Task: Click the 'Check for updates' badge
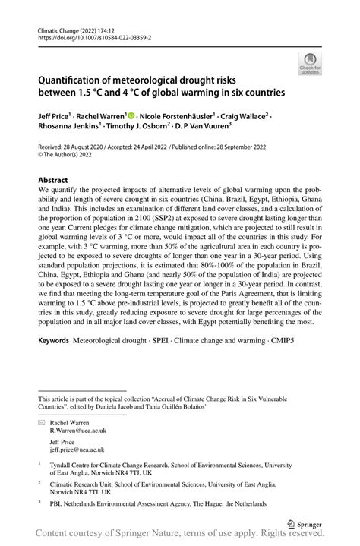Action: pyautogui.click(x=310, y=63)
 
